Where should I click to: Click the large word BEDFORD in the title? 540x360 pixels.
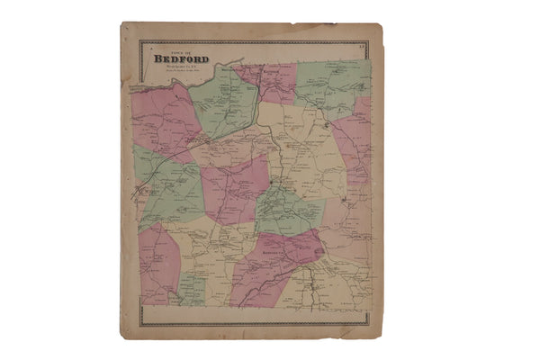(x=181, y=60)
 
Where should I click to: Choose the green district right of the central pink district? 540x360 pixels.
(x=288, y=211)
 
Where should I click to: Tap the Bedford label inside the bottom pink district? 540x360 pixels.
(x=270, y=253)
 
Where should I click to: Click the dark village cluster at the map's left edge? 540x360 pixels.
(x=143, y=191)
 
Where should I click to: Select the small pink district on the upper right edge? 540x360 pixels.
(x=362, y=113)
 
